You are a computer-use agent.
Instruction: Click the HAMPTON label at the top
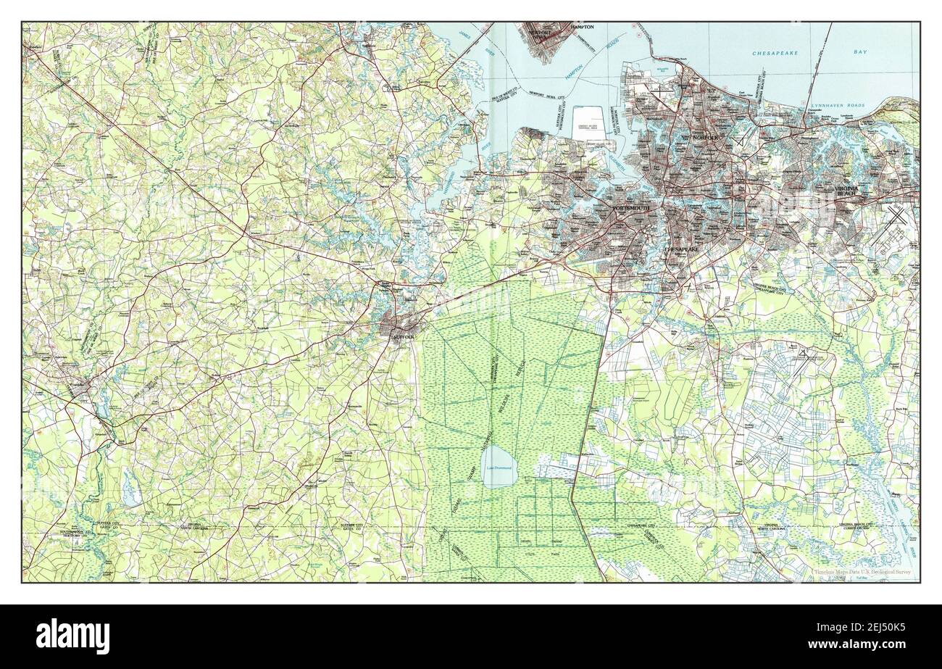click(580, 27)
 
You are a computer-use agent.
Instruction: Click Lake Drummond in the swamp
click(499, 468)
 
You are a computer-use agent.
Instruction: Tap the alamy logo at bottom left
click(67, 636)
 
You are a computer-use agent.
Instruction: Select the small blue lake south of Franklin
click(130, 497)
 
